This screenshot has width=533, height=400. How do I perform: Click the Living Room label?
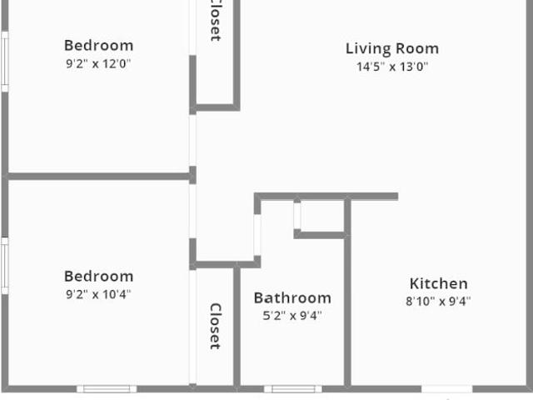click(391, 48)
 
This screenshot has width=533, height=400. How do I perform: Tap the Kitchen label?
click(438, 284)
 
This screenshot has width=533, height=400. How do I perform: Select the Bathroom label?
click(292, 297)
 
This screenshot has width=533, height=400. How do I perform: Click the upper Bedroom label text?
click(98, 46)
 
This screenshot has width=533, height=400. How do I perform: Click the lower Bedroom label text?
click(98, 277)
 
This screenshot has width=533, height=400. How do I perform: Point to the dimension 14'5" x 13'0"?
click(391, 67)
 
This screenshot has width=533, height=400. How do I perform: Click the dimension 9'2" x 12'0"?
click(98, 63)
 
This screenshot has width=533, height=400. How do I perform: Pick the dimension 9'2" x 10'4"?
click(98, 293)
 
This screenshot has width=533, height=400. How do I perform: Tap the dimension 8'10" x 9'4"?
click(438, 302)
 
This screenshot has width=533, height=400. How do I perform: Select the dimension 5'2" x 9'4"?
click(292, 315)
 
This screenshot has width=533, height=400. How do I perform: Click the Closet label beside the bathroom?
click(215, 326)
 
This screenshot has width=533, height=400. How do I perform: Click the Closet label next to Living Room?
click(215, 21)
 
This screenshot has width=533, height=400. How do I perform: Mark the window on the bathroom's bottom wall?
click(293, 388)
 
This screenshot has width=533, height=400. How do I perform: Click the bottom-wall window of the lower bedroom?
click(107, 388)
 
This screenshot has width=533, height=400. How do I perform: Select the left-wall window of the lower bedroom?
click(4, 265)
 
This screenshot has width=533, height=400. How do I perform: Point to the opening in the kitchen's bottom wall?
click(446, 388)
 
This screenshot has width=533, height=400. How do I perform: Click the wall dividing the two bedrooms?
click(98, 177)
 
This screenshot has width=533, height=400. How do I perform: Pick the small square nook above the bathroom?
click(321, 217)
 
